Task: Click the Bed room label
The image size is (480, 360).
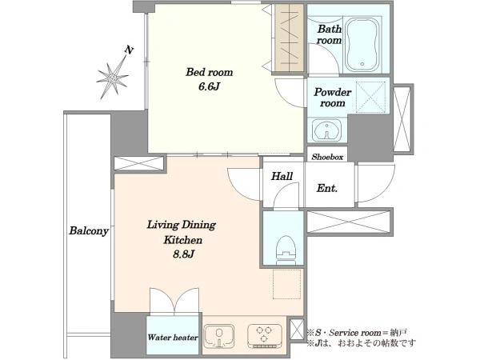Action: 210,72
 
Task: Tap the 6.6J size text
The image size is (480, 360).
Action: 209,86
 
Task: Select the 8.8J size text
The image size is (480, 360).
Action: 183,254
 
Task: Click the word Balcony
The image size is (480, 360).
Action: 89,230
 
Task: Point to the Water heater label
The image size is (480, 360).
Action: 173,338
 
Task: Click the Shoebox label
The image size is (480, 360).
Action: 327,157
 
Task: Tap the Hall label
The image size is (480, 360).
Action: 282,176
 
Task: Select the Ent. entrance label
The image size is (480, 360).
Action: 327,188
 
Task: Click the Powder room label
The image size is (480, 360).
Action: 333,98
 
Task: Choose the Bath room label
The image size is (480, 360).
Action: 330,34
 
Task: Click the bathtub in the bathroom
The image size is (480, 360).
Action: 362,45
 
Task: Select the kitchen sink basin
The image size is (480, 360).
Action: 219,336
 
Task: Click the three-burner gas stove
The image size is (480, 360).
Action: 265,336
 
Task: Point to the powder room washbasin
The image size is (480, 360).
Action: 327,130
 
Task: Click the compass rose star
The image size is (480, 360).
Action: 112,79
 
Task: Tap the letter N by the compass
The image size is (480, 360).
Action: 129,50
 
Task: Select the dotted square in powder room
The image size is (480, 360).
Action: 370,98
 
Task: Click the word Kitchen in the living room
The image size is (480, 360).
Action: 182,240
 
